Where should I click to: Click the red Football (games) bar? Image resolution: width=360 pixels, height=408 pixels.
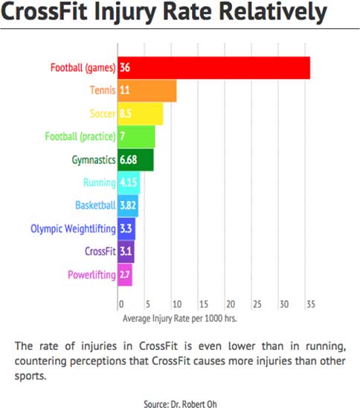213,68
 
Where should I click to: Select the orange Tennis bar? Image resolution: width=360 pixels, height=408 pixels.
147,91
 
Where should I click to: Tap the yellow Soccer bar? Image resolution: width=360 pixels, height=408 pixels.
141,114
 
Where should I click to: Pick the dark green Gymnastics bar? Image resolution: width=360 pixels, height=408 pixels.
135,160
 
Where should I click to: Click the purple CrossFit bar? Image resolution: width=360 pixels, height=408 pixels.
126,252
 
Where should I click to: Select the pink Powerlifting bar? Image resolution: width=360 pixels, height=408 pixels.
125,275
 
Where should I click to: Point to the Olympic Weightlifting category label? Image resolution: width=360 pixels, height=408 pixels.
73,229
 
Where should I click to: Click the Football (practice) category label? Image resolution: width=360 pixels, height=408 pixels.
80,136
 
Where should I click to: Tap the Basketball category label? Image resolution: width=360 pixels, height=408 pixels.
95,205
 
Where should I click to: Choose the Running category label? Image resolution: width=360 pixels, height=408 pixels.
100,182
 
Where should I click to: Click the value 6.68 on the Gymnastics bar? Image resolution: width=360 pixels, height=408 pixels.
128,160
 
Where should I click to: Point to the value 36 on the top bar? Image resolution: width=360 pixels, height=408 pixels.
125,68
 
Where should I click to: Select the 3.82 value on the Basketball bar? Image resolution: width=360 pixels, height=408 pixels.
128,205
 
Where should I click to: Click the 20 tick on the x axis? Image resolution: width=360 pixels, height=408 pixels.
231,305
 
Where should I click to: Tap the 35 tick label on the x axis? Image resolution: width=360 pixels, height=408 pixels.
311,305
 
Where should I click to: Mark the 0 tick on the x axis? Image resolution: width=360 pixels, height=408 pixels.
121,305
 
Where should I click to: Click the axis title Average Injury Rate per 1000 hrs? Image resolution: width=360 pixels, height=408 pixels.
179,319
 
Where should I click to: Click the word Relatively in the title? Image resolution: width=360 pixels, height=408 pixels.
273,12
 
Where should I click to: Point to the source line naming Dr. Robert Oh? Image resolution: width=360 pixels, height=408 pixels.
180,404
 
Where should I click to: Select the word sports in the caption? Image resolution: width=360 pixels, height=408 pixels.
30,376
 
